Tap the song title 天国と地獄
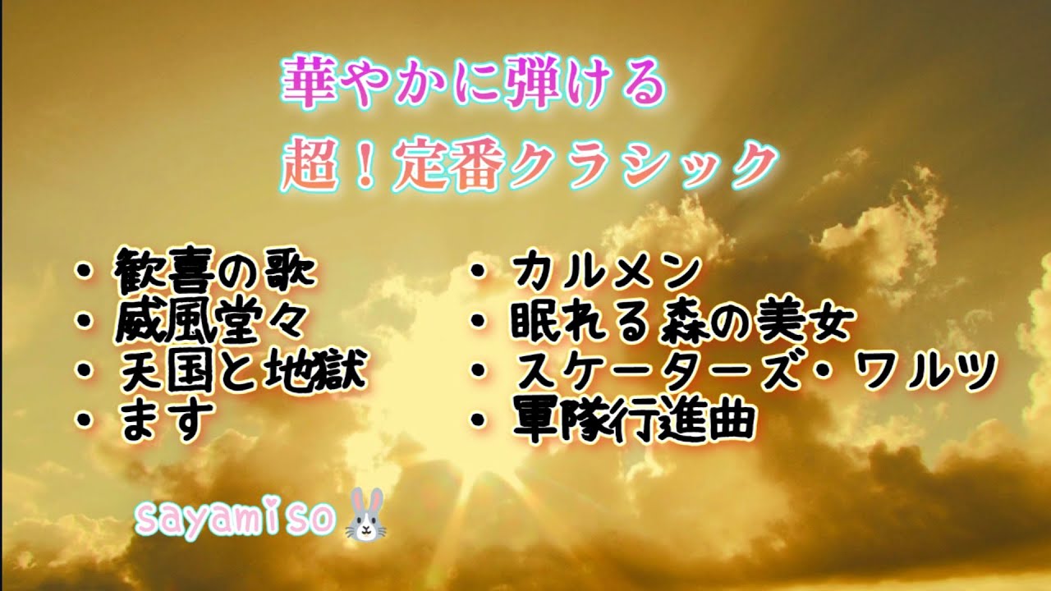(x=240, y=371)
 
